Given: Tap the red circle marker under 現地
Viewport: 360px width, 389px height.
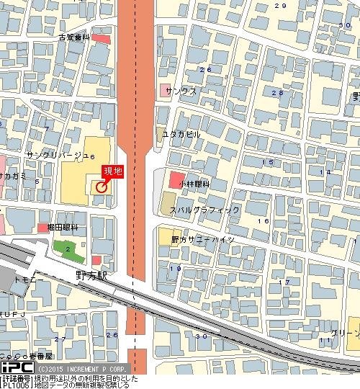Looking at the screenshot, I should tap(100, 187).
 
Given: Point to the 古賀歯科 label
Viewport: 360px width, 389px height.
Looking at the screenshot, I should tap(74, 36).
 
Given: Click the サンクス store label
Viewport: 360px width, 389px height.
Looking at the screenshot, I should tap(181, 92).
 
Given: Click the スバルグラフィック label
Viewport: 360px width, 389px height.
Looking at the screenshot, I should tap(204, 210).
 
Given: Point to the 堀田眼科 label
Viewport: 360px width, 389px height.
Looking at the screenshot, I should tap(63, 228).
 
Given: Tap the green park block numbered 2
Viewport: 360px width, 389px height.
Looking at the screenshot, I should tap(68, 250).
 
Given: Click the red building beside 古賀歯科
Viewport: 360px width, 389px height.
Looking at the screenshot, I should tap(101, 38).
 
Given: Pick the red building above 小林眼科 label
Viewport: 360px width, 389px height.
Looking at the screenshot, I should tap(177, 178).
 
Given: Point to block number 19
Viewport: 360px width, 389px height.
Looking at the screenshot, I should tap(175, 269).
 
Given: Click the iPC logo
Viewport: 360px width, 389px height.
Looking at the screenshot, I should tap(14, 366).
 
